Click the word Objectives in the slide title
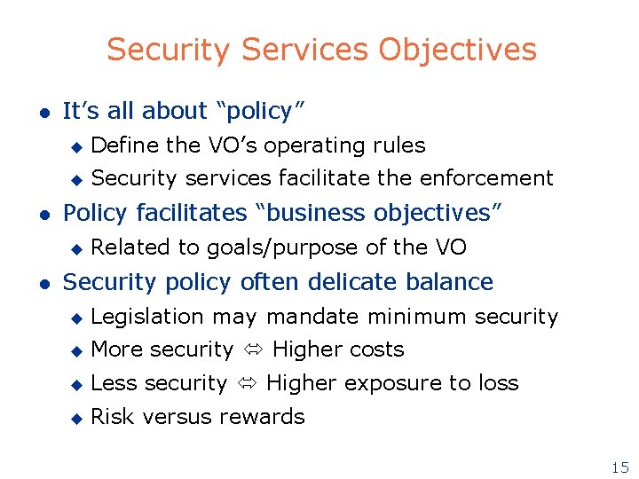pyautogui.click(x=457, y=50)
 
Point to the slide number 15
pyautogui.click(x=619, y=467)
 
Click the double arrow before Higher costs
pyautogui.click(x=253, y=350)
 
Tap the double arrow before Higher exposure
pyautogui.click(x=247, y=384)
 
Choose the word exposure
pyautogui.click(x=397, y=384)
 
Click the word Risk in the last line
pyautogui.click(x=111, y=417)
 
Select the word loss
pyautogui.click(x=498, y=383)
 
